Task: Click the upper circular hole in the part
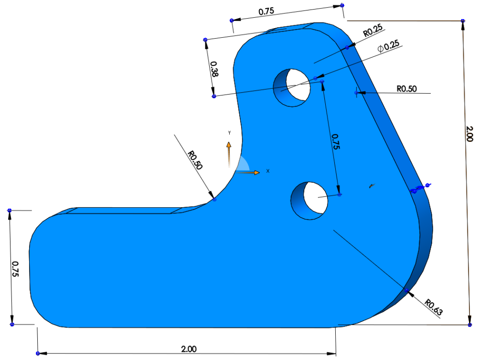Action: pyautogui.click(x=292, y=86)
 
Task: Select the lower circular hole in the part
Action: pyautogui.click(x=310, y=201)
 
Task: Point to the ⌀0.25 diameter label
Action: pyautogui.click(x=388, y=47)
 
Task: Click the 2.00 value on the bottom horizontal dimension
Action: pyautogui.click(x=189, y=349)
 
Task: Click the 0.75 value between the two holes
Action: pyautogui.click(x=336, y=142)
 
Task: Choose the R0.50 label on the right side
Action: pyautogui.click(x=406, y=88)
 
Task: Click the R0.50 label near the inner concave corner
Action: pyautogui.click(x=195, y=160)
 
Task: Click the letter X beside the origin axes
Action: pyautogui.click(x=267, y=170)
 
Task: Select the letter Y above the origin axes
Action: pyautogui.click(x=229, y=132)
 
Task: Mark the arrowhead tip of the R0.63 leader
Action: pyautogui.click(x=406, y=290)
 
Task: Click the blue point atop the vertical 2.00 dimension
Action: pyautogui.click(x=463, y=21)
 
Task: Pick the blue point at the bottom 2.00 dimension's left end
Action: pyautogui.click(x=38, y=353)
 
